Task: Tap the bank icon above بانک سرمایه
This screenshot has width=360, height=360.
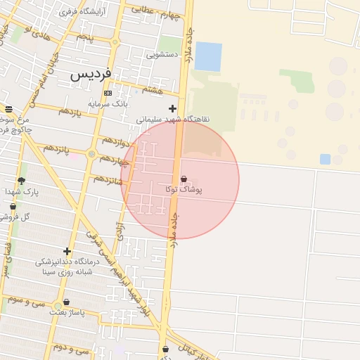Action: (108, 93)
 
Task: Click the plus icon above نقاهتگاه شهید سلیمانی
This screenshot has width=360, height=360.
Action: (172, 108)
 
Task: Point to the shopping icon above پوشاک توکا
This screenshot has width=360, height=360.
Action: (184, 179)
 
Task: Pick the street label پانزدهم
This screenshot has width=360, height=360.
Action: (57, 148)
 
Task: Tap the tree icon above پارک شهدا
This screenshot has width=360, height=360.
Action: (21, 180)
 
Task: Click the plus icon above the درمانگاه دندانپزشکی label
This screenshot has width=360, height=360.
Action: (67, 251)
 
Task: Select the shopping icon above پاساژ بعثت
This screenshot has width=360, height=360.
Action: (66, 302)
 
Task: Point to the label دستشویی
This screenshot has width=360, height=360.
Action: (162, 54)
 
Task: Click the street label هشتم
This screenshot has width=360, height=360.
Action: (152, 90)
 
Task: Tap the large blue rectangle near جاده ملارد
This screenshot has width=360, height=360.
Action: (208, 56)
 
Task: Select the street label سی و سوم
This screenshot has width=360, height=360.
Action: (27, 300)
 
